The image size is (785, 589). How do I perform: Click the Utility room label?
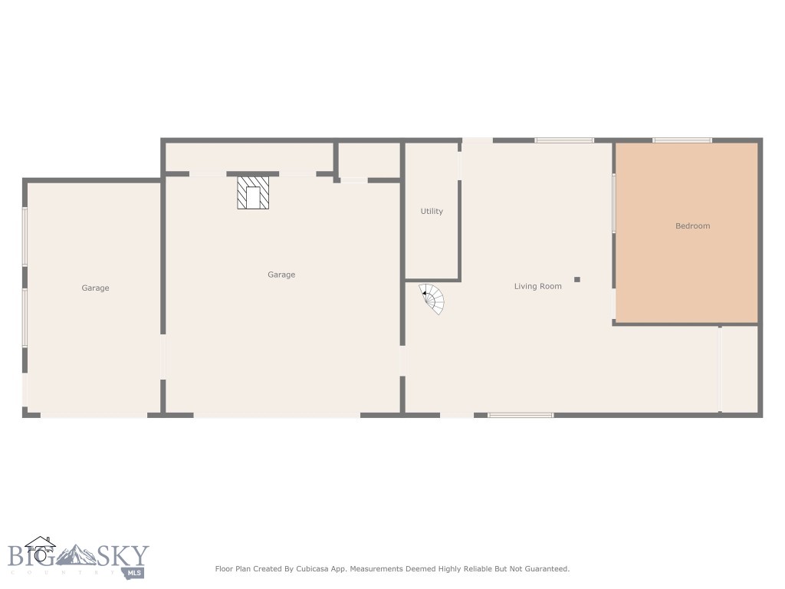coord(432,212)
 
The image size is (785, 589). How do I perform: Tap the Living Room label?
coord(537,286)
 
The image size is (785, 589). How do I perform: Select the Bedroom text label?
coord(692,226)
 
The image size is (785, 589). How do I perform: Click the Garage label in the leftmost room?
coord(95,288)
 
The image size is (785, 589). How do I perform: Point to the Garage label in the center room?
coord(281,275)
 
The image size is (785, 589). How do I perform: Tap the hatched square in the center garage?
coord(253,193)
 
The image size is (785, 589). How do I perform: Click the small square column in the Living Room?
coord(577,279)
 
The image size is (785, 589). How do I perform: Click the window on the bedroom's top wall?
coord(682,140)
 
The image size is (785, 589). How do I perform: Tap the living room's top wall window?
coord(564,140)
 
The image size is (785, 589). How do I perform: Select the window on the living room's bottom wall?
coord(521,415)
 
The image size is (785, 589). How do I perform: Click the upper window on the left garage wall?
coord(25,236)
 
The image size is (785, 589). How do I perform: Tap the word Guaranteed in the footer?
coord(545,569)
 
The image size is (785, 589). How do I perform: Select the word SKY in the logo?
coord(123,554)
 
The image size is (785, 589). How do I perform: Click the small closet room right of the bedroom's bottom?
coord(739,368)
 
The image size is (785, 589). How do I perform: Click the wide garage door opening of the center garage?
coord(277,415)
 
